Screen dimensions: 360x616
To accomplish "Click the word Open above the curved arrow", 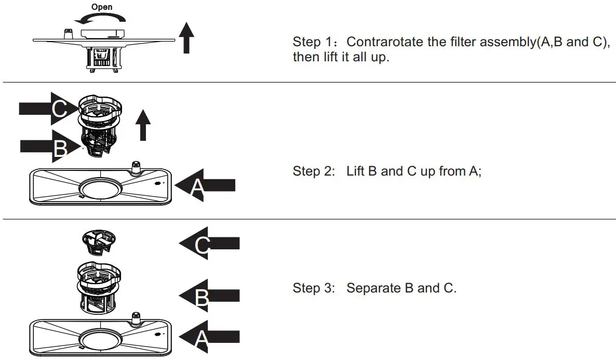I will pos(102,7).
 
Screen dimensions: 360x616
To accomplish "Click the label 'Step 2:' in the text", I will pos(314,171).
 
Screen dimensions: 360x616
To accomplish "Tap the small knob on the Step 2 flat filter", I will pos(136,167).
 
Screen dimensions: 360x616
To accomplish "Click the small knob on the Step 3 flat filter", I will pos(137,317).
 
